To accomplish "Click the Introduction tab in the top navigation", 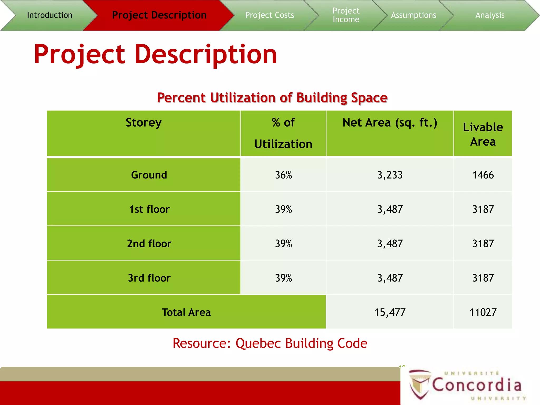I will click(x=50, y=15).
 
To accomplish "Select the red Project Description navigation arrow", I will click(x=159, y=15).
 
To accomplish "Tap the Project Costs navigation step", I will click(x=269, y=15).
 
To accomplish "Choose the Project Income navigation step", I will click(x=346, y=15).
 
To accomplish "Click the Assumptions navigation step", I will click(x=413, y=15).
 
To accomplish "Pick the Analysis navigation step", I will click(x=490, y=15).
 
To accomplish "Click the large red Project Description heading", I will click(x=155, y=54).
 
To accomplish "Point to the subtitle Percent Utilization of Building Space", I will click(x=272, y=98).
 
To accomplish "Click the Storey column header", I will click(x=143, y=123).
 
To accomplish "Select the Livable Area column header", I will click(x=483, y=134).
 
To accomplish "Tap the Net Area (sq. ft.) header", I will click(x=390, y=123).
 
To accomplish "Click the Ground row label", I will click(x=149, y=175).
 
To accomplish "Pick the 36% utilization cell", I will click(x=283, y=175).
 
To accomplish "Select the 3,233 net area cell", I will click(x=390, y=175).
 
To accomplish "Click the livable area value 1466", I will click(x=483, y=175).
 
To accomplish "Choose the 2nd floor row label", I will click(x=149, y=243).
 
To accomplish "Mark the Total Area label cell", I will click(x=186, y=312).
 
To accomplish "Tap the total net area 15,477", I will click(x=390, y=312).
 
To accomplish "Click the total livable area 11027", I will click(x=483, y=312).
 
